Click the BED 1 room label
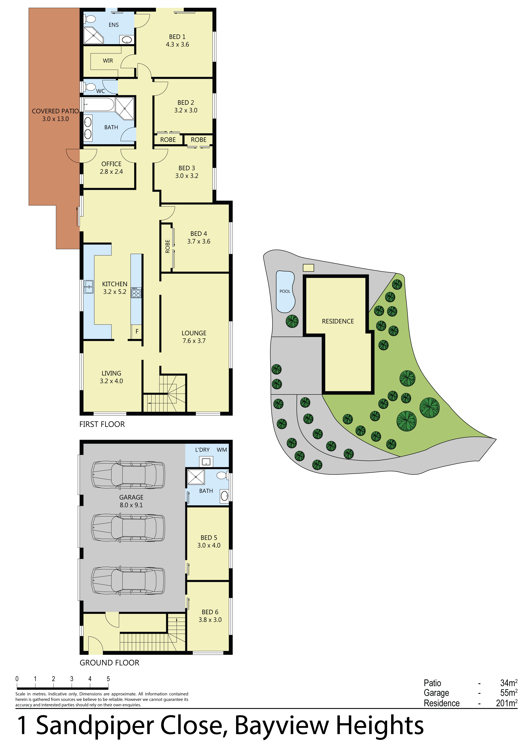coord(177,37)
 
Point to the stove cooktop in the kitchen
coord(136,293)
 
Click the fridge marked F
coord(137,331)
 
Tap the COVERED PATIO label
coord(55,111)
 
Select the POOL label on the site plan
coord(285,291)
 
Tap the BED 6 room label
coord(210,612)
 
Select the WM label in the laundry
coord(222,450)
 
